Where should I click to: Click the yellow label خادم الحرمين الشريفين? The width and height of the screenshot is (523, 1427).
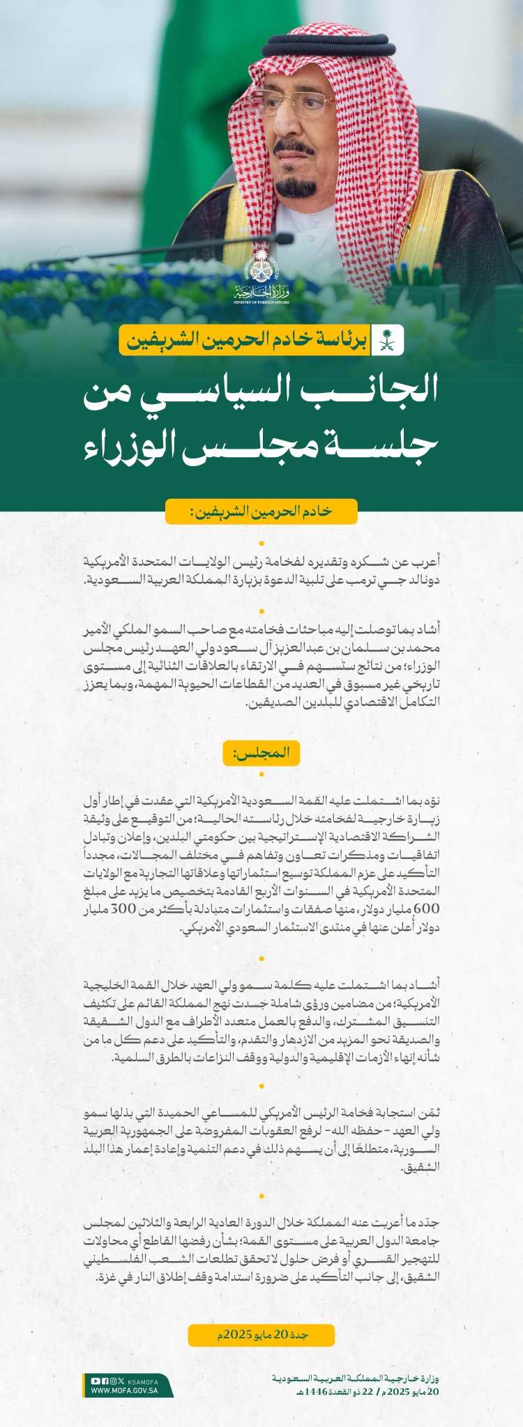tap(261, 511)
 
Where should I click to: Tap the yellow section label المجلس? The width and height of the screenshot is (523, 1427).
tap(261, 753)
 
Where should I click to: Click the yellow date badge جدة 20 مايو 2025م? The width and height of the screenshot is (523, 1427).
tap(261, 1335)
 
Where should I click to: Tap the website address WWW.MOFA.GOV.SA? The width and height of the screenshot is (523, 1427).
tap(125, 1390)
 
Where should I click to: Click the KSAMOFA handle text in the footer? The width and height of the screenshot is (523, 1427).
tap(144, 1381)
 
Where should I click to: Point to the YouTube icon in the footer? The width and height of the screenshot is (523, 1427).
tap(96, 1381)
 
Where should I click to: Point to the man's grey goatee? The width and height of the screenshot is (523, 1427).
tap(296, 187)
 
